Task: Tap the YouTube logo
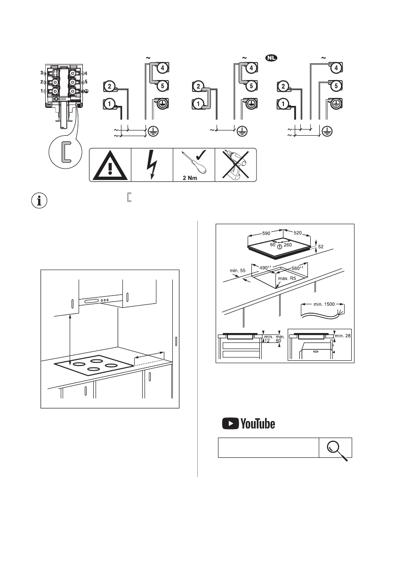click(249, 424)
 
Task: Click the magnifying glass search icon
click(336, 448)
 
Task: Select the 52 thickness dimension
click(321, 247)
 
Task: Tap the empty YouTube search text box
click(268, 448)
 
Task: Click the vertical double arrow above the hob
click(70, 340)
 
